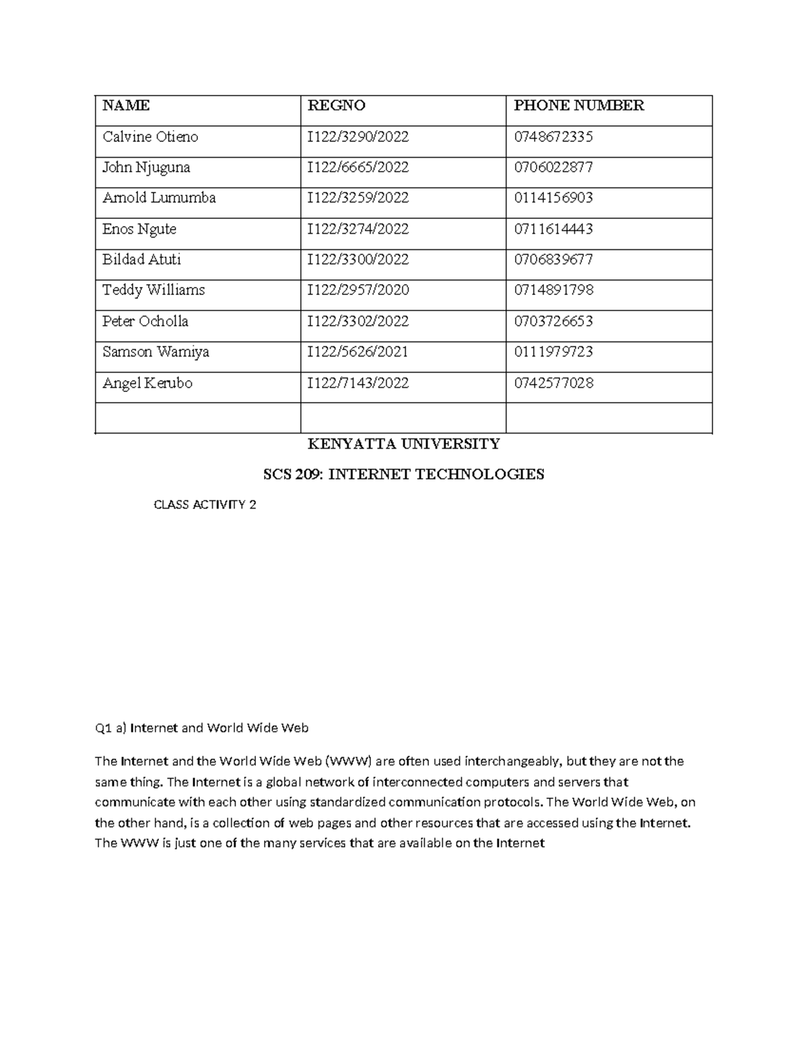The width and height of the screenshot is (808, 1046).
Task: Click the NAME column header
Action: pos(126,106)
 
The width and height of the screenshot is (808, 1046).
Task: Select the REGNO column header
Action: pos(336,106)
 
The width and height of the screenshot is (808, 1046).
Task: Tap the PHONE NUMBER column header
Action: pos(578,106)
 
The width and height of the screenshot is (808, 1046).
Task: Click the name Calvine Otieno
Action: pos(150,137)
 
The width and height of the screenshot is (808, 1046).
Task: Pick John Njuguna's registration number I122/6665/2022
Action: pos(358,168)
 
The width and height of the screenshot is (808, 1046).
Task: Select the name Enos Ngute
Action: pos(139,229)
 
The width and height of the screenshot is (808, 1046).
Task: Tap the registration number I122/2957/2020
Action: pos(358,290)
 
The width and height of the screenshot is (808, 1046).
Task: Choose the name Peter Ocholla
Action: pos(145,321)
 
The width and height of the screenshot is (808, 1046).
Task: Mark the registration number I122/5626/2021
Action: pos(358,352)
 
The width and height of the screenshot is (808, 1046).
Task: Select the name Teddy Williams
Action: pos(153,290)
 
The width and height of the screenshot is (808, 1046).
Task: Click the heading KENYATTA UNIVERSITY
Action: pos(403,444)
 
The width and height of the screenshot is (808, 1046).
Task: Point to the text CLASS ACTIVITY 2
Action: pos(205,505)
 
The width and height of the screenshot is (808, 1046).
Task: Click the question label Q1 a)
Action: pos(110,728)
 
